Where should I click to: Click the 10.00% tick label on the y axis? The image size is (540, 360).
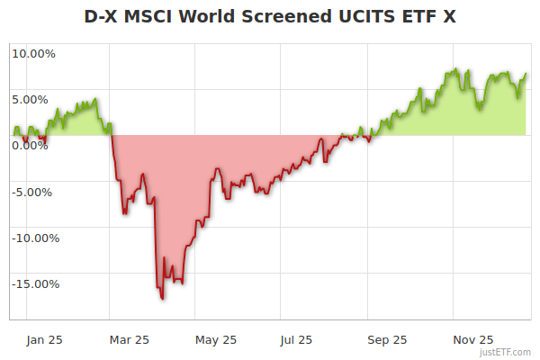[x=33, y=53]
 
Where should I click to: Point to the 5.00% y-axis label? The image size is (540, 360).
[x=33, y=99]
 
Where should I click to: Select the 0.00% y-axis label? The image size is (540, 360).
[x=33, y=146]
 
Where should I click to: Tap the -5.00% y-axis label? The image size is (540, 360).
[x=33, y=192]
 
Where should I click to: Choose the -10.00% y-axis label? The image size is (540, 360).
[x=33, y=238]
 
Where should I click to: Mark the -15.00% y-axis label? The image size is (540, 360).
[x=33, y=284]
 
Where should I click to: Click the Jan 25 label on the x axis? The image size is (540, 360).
[x=44, y=340]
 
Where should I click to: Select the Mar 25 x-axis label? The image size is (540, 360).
[x=129, y=340]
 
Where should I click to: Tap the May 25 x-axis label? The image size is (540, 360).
[x=216, y=340]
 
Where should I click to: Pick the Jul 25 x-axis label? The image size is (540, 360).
[x=295, y=340]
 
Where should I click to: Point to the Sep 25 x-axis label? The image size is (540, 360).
[x=387, y=340]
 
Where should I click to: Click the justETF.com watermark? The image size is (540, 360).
[x=505, y=352]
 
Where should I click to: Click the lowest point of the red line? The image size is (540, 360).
[x=162, y=298]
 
